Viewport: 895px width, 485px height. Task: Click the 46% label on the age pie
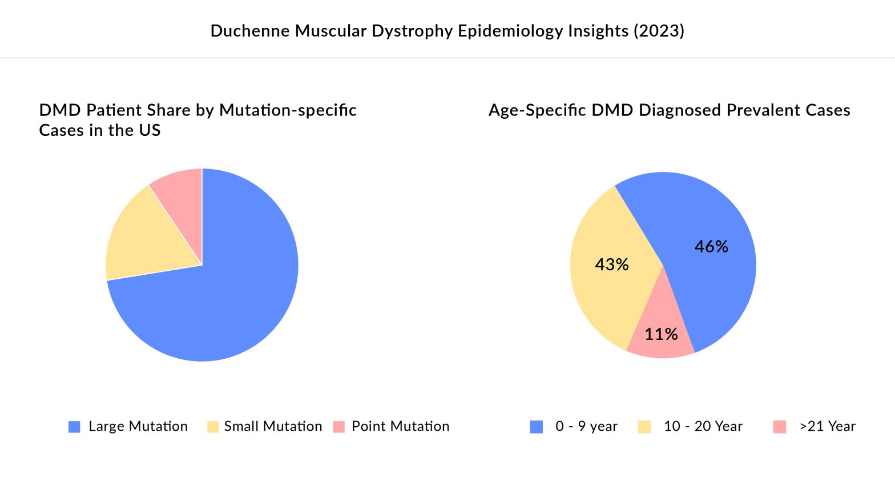[x=711, y=246]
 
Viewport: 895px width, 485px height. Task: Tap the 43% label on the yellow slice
[x=612, y=264]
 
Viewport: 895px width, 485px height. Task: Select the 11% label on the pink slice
[x=661, y=334]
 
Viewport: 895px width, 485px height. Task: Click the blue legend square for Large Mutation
[x=74, y=427]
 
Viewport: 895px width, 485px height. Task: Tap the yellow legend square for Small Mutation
[x=213, y=427]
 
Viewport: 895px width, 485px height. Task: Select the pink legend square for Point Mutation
[x=339, y=427]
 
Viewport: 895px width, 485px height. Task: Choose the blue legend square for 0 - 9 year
[x=537, y=427]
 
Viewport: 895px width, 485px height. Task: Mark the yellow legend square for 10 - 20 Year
[x=644, y=427]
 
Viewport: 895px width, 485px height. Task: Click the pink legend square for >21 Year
[x=780, y=427]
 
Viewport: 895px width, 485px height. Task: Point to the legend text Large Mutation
[x=138, y=426]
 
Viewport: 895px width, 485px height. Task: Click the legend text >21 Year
[x=828, y=426]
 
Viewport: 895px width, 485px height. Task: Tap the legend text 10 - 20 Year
[x=703, y=426]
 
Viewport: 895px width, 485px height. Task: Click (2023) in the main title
[x=659, y=30]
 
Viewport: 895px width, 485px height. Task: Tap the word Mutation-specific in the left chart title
[x=288, y=110]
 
